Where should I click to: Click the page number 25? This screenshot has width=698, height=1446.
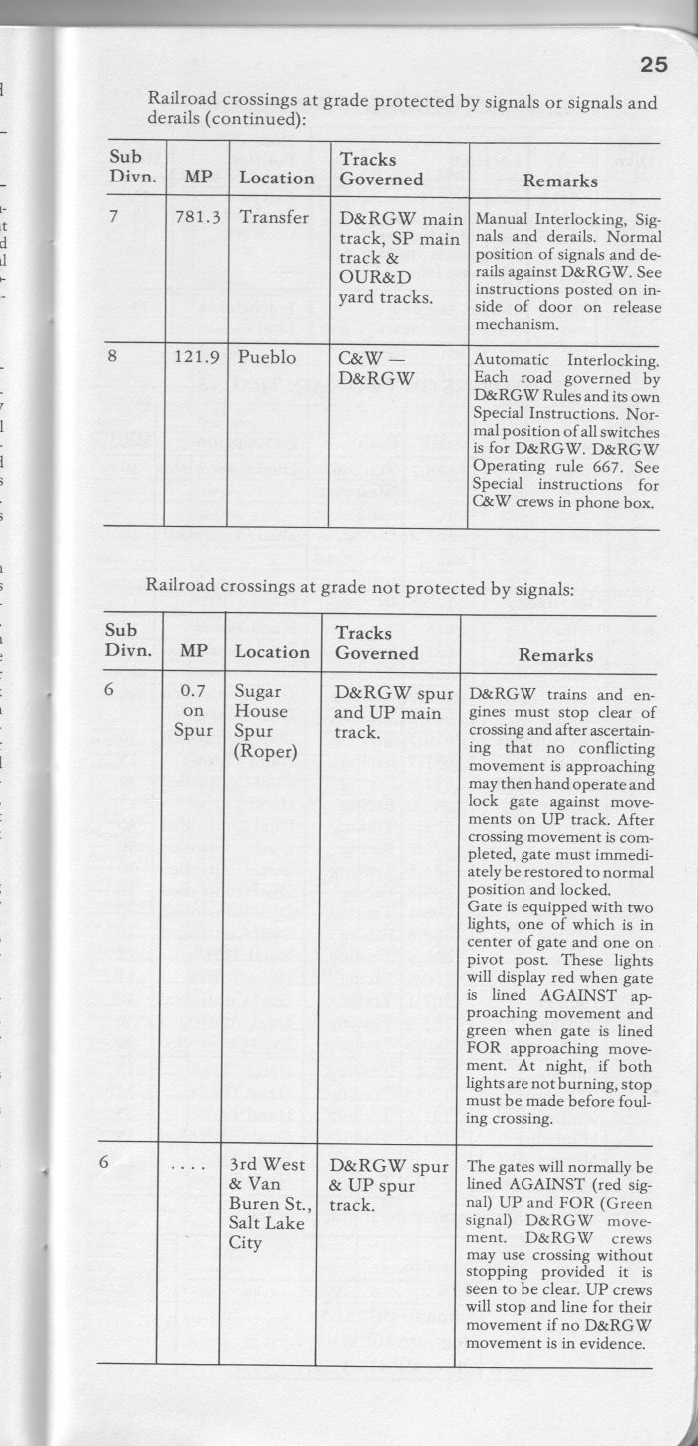point(653,66)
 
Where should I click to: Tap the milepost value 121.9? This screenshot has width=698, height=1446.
point(196,358)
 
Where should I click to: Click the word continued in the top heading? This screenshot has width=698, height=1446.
point(255,120)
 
